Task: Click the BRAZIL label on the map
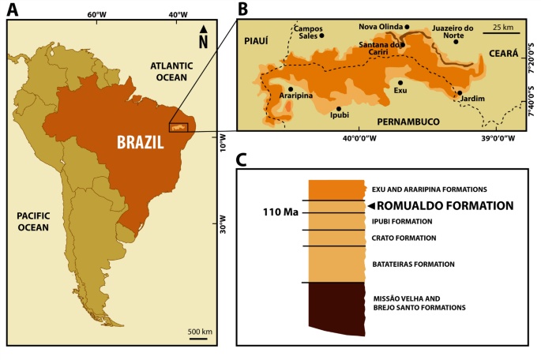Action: click(x=141, y=143)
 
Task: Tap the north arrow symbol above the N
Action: click(x=203, y=30)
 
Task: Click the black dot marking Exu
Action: click(x=400, y=82)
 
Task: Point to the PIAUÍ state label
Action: click(x=257, y=40)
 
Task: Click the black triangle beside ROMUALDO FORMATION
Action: click(x=371, y=205)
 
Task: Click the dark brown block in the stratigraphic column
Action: click(x=335, y=308)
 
